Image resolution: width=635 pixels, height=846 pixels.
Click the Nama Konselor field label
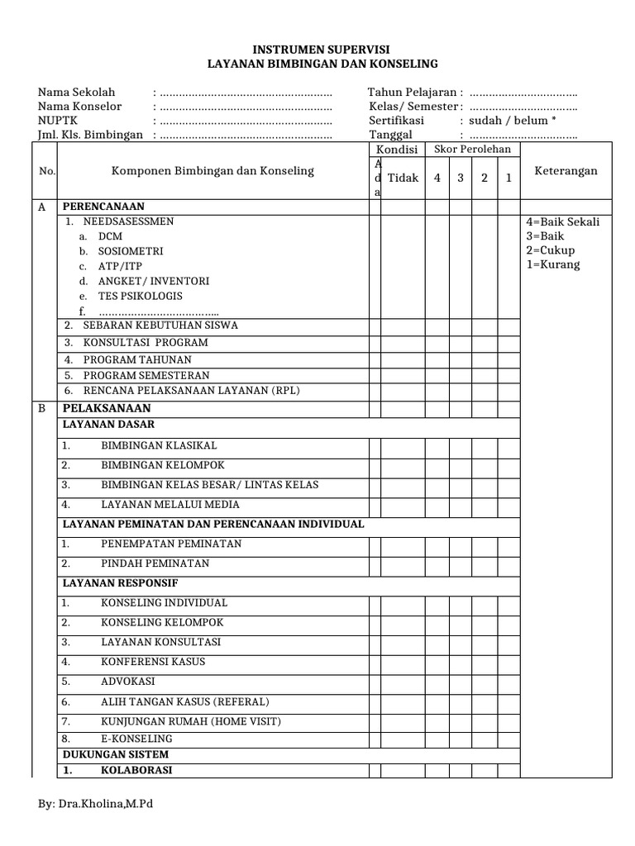point(79,106)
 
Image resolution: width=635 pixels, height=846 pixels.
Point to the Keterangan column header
point(566,171)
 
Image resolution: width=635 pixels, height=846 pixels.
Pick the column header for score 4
point(437,178)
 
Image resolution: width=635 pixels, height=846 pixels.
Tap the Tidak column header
point(403,178)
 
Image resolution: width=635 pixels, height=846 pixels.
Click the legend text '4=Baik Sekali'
point(562,221)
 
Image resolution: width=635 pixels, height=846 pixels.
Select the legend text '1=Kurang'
point(552,264)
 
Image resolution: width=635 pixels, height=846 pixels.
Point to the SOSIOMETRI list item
point(130,250)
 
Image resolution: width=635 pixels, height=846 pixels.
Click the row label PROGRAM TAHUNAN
point(137,359)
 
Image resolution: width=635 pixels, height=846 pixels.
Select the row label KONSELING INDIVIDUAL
point(164,602)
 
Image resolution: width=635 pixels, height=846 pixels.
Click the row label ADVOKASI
point(127,682)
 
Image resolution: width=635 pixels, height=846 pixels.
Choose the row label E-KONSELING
point(136,738)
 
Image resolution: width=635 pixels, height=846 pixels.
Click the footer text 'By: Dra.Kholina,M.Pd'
point(96,805)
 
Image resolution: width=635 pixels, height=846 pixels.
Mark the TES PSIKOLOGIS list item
point(140,296)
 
